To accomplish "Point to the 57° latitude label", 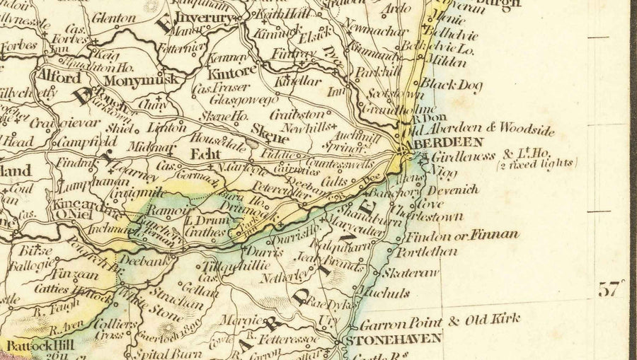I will pyautogui.click(x=612, y=289).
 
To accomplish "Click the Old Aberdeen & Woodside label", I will pyautogui.click(x=481, y=129).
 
